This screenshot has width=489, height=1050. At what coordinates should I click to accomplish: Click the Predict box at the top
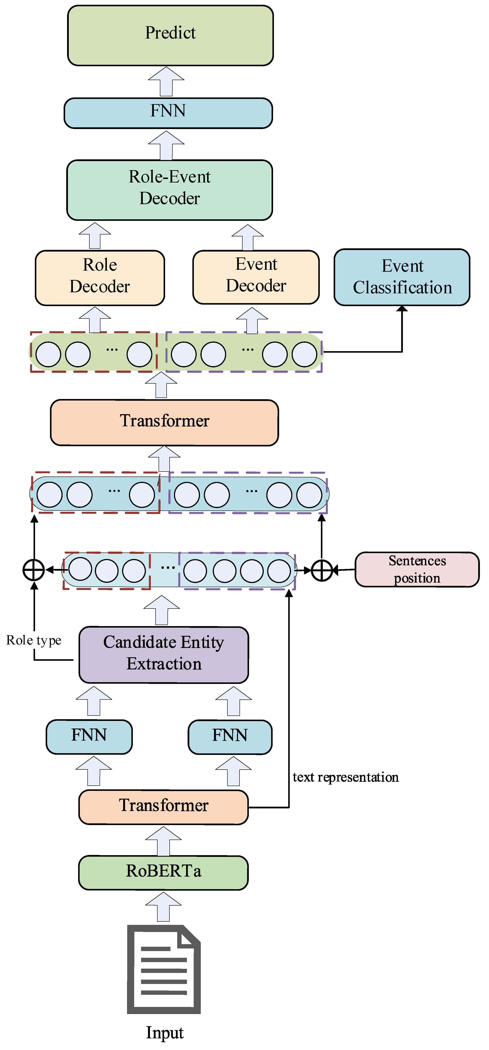[x=170, y=36]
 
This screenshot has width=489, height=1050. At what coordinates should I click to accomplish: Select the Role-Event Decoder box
[x=169, y=190]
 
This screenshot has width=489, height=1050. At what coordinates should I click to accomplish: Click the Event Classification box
[x=402, y=277]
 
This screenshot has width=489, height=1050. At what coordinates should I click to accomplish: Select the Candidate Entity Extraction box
[x=163, y=655]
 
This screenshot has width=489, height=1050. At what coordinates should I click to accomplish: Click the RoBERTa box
[x=163, y=872]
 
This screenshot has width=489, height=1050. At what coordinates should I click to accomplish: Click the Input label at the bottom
[x=165, y=1032]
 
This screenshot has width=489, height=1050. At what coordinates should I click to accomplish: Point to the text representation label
[x=346, y=777]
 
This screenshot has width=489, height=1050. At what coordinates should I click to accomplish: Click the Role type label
[x=34, y=640]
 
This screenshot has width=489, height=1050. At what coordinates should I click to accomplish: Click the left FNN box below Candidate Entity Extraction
[x=89, y=737]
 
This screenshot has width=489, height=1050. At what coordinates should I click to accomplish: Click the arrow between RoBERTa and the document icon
[x=163, y=906]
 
